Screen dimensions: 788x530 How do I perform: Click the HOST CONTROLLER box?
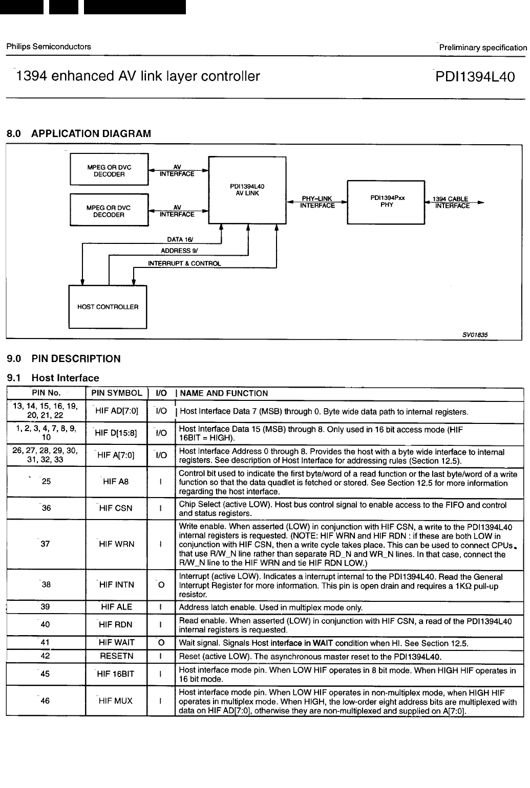click(x=108, y=307)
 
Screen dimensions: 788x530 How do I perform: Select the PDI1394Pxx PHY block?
click(x=386, y=202)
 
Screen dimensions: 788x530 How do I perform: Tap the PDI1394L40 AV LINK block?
click(x=247, y=190)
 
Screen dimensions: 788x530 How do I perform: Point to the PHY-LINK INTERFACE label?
click(x=317, y=202)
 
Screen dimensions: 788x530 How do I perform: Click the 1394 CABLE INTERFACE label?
click(x=451, y=202)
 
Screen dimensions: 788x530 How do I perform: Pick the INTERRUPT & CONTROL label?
click(x=184, y=264)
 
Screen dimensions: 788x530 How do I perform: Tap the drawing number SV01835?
click(x=475, y=334)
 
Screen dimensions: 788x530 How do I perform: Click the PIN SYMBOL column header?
click(x=116, y=393)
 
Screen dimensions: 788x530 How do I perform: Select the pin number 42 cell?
click(x=46, y=656)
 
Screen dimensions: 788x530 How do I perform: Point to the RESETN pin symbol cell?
click(x=116, y=656)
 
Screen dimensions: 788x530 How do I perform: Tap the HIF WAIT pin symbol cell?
click(x=116, y=643)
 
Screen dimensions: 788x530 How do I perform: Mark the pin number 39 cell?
click(x=46, y=607)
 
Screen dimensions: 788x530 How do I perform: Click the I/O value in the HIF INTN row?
click(x=161, y=585)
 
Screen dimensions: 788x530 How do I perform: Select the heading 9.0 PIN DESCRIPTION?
click(x=63, y=358)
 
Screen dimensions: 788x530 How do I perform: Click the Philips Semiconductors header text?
click(x=49, y=47)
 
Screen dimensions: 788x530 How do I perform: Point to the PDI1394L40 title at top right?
click(x=474, y=77)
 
